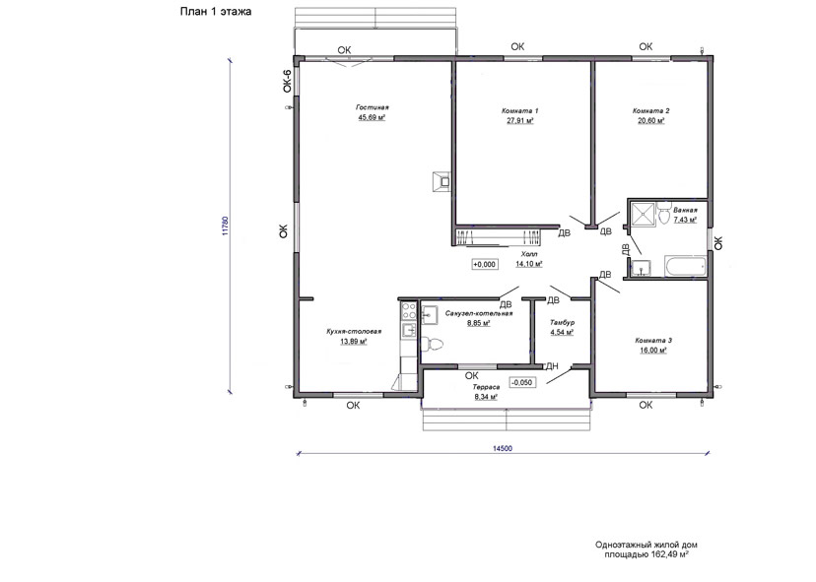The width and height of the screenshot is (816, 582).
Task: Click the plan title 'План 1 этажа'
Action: point(216,12)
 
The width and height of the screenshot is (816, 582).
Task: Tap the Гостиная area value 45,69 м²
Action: point(372,117)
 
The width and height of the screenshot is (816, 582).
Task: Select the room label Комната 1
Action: point(520,110)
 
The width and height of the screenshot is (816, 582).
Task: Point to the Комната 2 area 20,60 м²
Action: point(651,121)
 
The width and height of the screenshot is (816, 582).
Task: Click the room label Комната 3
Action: point(653,341)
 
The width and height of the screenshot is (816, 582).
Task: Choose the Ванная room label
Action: point(685,211)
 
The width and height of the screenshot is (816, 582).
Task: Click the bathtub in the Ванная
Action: point(685,265)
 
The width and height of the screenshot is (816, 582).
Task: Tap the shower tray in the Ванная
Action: point(644,214)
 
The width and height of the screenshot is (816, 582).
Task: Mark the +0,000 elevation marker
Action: point(485,264)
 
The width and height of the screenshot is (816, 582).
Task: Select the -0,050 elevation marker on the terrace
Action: point(522,382)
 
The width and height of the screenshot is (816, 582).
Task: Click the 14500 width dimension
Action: point(503,448)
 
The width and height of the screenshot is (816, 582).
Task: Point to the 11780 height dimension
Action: point(225,226)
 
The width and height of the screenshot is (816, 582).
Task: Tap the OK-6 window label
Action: point(287,81)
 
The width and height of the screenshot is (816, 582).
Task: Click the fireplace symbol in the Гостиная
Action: point(442,181)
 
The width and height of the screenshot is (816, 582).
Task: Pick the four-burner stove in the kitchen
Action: point(409,311)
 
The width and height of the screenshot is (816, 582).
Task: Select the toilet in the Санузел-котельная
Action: point(432,344)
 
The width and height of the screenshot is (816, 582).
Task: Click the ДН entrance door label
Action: point(552,366)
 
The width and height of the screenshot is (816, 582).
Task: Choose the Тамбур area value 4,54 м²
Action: point(562,332)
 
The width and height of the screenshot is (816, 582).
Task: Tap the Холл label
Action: point(529,254)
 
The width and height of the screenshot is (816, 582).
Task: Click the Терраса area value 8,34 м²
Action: point(486,397)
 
